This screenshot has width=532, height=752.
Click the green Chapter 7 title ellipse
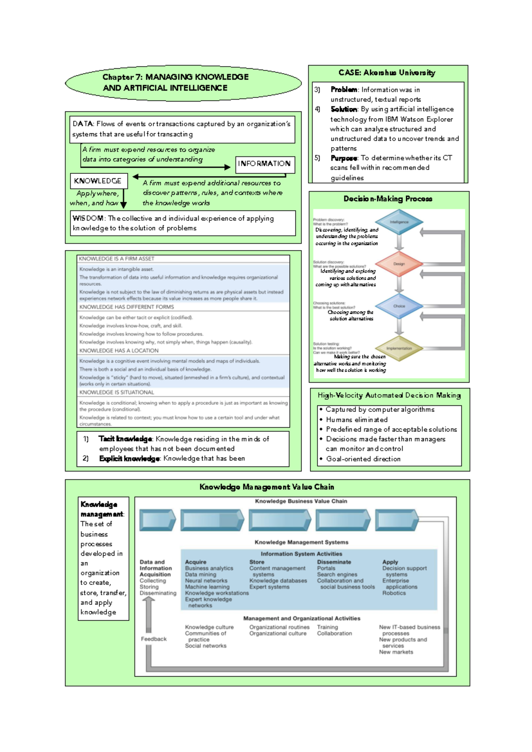[183, 82]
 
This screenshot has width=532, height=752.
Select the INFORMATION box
[264, 164]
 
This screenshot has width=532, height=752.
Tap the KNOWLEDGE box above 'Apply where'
[98, 181]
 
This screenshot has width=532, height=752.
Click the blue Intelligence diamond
[399, 222]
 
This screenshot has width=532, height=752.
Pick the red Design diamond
[399, 264]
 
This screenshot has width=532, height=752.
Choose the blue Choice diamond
[399, 306]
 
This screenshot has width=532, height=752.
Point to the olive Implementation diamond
[399, 348]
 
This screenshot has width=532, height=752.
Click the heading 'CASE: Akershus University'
[387, 73]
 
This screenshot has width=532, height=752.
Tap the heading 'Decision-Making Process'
[387, 199]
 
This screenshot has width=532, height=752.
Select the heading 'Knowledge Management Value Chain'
[266, 487]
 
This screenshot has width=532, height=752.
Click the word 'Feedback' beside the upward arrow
[153, 639]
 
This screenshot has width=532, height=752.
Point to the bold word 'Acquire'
[196, 562]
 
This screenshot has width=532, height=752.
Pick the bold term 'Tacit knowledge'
[125, 439]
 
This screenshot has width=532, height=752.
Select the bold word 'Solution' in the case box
[344, 109]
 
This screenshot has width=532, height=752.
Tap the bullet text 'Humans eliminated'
[356, 419]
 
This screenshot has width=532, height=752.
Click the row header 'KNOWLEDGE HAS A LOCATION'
[118, 350]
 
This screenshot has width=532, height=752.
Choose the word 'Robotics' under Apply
[394, 593]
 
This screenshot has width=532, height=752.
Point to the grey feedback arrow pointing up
[149, 614]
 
